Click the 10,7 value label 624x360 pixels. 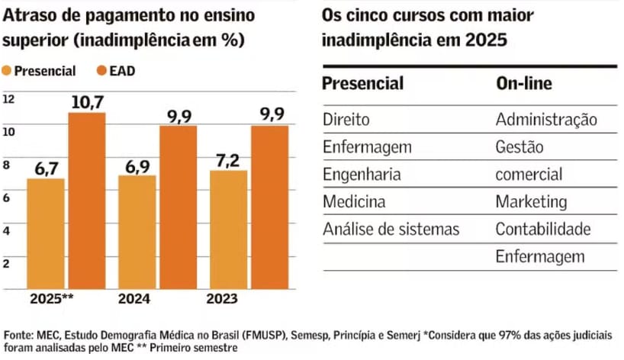pyautogui.click(x=87, y=101)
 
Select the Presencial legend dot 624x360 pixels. pyautogui.click(x=8, y=72)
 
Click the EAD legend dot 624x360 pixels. pyautogui.click(x=101, y=72)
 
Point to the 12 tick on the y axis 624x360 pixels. pyautogui.click(x=8, y=99)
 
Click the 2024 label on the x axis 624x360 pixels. pyautogui.click(x=134, y=300)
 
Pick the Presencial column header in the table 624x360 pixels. pyautogui.click(x=362, y=83)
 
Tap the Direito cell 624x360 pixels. pyautogui.click(x=346, y=120)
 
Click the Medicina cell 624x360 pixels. pyautogui.click(x=354, y=202)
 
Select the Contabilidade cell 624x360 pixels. pyautogui.click(x=543, y=229)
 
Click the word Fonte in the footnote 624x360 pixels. pyautogui.click(x=17, y=334)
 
